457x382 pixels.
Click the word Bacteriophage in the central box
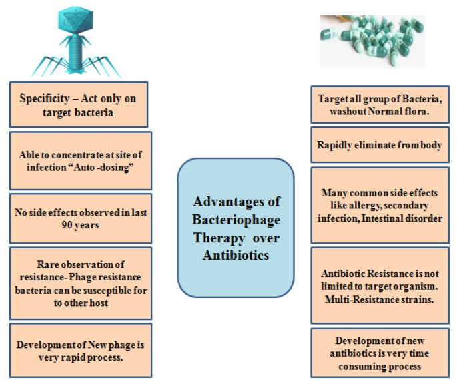click(x=236, y=220)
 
